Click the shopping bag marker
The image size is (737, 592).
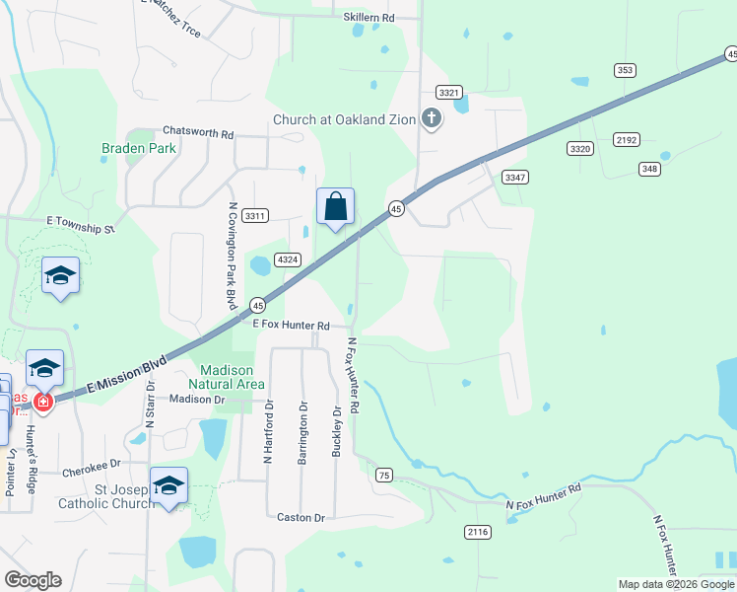(x=335, y=207)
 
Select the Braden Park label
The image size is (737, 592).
(x=138, y=149)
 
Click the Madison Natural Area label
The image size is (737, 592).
(x=226, y=377)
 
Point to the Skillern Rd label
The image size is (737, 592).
(x=368, y=18)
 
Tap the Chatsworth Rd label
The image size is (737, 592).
(x=198, y=132)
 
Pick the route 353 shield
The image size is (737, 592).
(x=625, y=70)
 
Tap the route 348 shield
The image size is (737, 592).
(x=648, y=169)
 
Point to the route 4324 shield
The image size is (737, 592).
(x=288, y=259)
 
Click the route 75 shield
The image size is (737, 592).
(x=384, y=476)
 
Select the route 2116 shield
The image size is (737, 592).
(x=477, y=532)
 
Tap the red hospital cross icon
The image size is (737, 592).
(x=41, y=402)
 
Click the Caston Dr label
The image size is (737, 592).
(x=301, y=517)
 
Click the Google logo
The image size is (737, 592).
(x=33, y=580)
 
